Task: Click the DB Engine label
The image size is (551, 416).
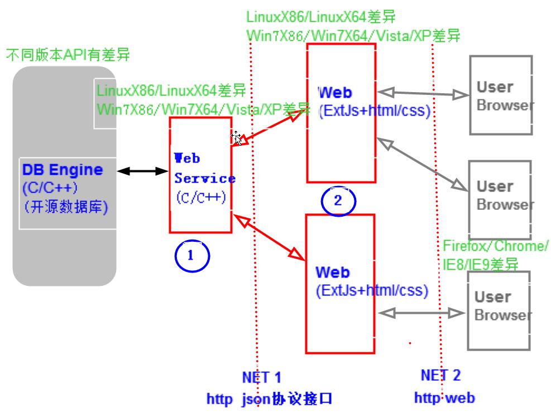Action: [63, 170]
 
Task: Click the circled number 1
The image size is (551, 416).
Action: [191, 256]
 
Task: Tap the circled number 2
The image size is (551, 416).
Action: [337, 200]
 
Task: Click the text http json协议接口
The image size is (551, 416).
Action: [270, 399]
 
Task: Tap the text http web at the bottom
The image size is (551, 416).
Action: [444, 398]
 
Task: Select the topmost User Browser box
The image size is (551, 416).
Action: [500, 95]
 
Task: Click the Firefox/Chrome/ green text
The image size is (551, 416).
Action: [495, 246]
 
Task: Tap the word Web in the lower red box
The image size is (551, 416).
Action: [332, 272]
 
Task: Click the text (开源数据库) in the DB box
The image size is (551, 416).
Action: [66, 207]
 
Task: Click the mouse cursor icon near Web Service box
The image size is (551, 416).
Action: [237, 137]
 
